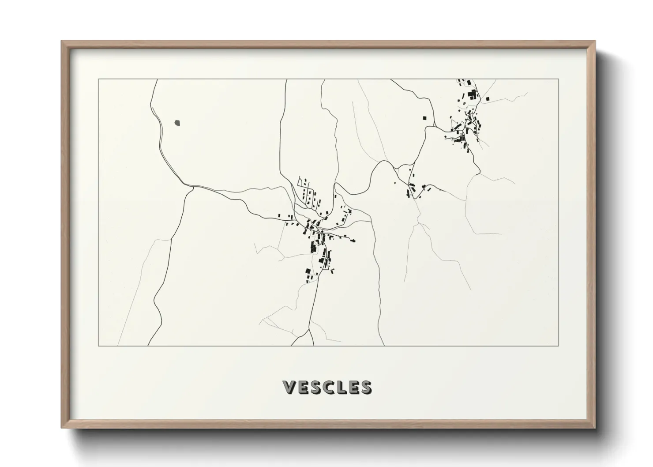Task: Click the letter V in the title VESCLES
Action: pos(289,387)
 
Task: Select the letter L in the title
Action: pos(340,387)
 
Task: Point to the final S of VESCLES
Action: pos(365,387)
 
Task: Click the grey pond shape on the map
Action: pos(177,122)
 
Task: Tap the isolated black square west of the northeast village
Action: pos(425,118)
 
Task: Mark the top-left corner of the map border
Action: pos(98,79)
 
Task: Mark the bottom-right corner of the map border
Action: pos(559,346)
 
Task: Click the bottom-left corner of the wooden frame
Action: pos(62,428)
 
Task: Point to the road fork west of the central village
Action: pos(192,188)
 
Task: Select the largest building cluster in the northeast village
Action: pos(472,95)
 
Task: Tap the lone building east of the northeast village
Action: pos(487,98)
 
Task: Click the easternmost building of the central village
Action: pos(353,240)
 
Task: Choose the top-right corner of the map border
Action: pos(559,79)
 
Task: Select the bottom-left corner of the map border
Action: pos(98,346)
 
